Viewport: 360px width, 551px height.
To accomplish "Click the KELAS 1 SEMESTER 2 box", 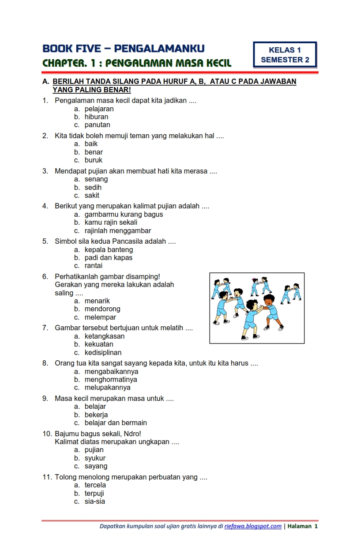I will (x=285, y=55).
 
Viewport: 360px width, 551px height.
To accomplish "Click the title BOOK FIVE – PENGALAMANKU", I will (x=124, y=49).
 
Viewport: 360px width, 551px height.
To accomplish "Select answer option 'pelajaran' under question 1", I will (x=99, y=109).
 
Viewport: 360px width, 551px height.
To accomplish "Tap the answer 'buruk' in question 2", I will (x=94, y=160).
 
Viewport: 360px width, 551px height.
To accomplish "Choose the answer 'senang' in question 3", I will (x=96, y=179).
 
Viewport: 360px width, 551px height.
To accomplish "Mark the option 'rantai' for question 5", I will (x=94, y=266).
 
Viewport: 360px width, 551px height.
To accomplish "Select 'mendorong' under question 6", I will (x=102, y=309).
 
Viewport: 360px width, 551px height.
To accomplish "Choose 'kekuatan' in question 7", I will (x=99, y=344).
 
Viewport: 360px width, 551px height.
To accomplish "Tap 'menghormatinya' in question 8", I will (x=111, y=380).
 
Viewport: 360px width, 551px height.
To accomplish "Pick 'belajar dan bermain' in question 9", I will (x=116, y=423).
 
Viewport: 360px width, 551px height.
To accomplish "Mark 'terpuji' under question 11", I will (x=94, y=494).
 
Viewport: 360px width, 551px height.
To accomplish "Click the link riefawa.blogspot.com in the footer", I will (x=253, y=526).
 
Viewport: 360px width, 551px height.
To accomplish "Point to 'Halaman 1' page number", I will (x=303, y=526).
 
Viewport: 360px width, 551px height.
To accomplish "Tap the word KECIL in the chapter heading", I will (x=216, y=63).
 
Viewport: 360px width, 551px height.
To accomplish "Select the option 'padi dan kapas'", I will (x=109, y=258).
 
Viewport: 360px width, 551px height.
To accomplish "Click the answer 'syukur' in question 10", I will (x=95, y=458).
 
